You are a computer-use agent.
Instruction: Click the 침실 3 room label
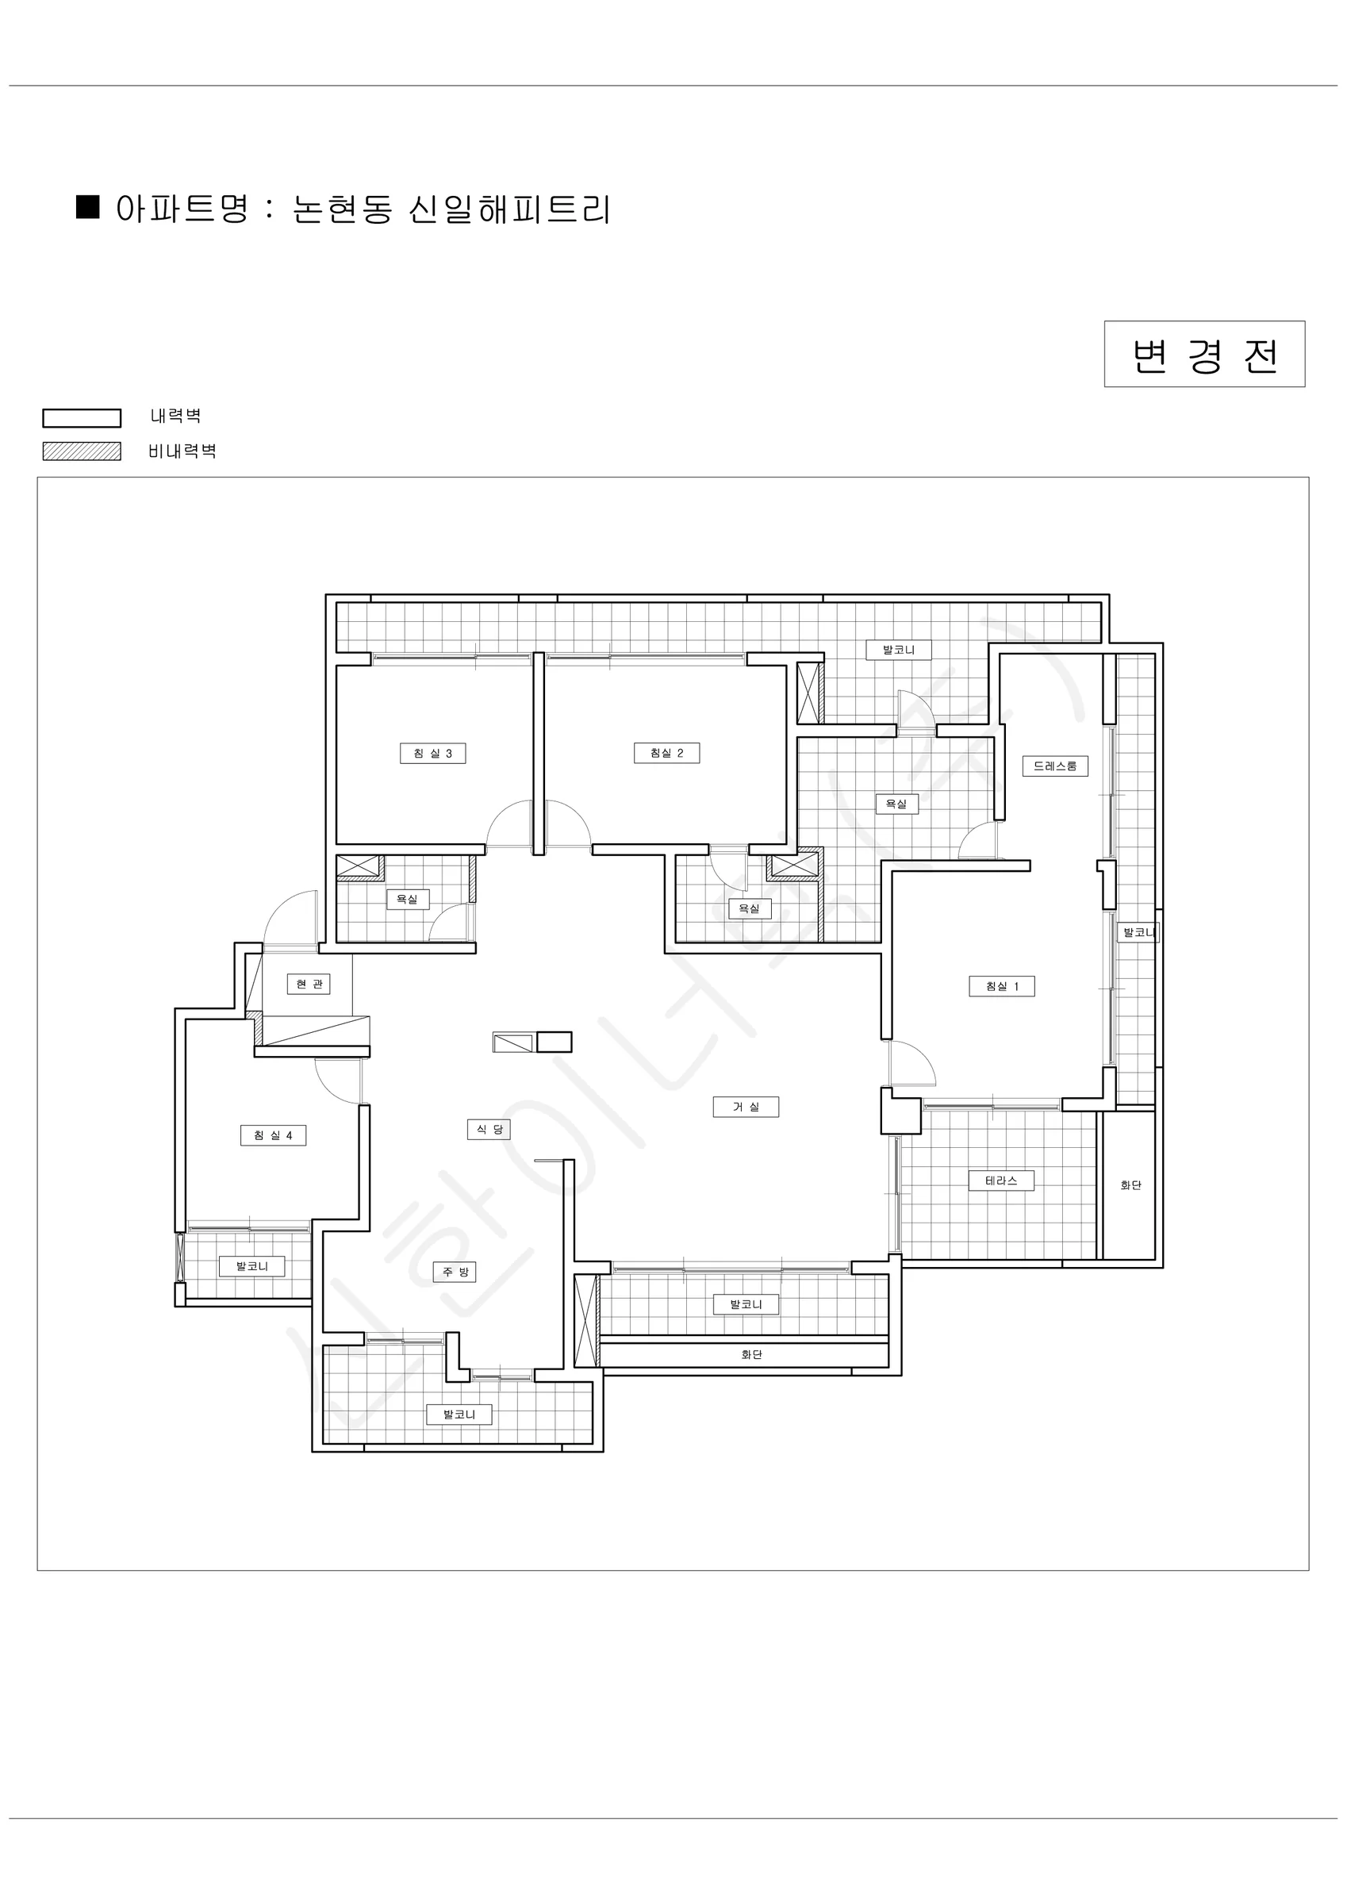[x=432, y=753]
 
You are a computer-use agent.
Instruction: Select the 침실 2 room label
[x=666, y=753]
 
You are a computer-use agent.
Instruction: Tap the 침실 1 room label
[x=1002, y=986]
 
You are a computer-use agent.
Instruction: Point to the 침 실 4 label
[x=273, y=1135]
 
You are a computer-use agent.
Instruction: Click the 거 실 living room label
[x=746, y=1107]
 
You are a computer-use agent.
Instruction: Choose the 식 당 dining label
[x=489, y=1130]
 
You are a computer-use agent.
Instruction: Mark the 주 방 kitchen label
[x=455, y=1271]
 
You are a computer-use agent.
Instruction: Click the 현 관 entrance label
[x=309, y=985]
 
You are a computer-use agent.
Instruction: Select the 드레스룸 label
[x=1054, y=766]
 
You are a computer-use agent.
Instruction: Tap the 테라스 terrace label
[x=1001, y=1180]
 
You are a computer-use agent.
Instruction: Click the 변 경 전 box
[x=1204, y=354]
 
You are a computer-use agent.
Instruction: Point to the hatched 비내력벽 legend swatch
[x=83, y=451]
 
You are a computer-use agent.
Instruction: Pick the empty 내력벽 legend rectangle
[x=83, y=418]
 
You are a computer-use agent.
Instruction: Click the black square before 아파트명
[x=88, y=207]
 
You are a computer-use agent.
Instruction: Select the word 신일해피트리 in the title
[x=509, y=209]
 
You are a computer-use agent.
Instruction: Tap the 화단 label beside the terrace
[x=1130, y=1186]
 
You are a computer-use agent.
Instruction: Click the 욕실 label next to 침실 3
[x=406, y=899]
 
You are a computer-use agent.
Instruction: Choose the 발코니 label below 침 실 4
[x=251, y=1266]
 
